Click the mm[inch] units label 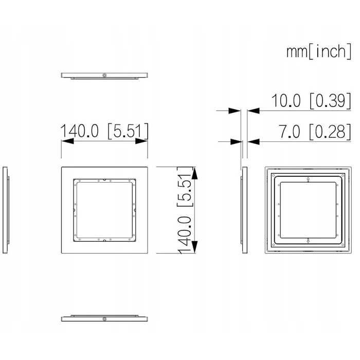(319, 51)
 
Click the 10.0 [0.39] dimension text (311, 101)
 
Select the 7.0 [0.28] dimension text (315, 132)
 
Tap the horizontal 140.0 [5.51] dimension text (104, 131)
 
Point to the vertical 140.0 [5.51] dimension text (185, 210)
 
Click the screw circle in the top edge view (104, 75)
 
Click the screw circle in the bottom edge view (104, 319)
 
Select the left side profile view (6, 210)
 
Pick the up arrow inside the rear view (308, 179)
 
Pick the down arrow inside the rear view (308, 241)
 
